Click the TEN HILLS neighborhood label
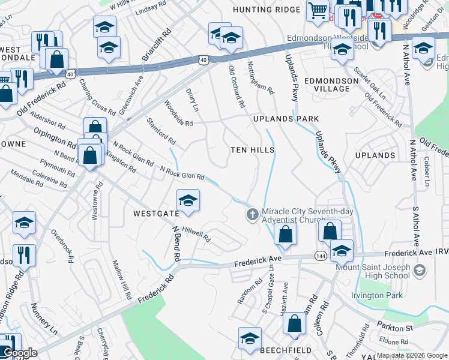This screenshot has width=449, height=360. (x=253, y=150)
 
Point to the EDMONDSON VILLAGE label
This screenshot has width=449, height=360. (x=327, y=84)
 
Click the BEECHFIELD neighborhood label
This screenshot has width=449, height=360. (x=285, y=350)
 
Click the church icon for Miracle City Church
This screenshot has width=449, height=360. (x=253, y=214)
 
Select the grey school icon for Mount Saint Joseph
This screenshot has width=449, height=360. (x=419, y=271)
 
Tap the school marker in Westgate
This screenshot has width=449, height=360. (x=188, y=202)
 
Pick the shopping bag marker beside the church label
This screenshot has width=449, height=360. (x=286, y=234)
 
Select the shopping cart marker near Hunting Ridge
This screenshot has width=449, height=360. (x=317, y=10)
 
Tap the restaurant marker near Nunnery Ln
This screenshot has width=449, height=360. (x=24, y=255)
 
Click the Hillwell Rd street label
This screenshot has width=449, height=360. (x=196, y=234)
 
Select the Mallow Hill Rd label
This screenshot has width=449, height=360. (x=122, y=280)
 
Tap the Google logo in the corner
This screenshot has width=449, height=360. (x=20, y=353)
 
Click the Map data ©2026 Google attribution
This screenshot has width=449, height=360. (x=412, y=355)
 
